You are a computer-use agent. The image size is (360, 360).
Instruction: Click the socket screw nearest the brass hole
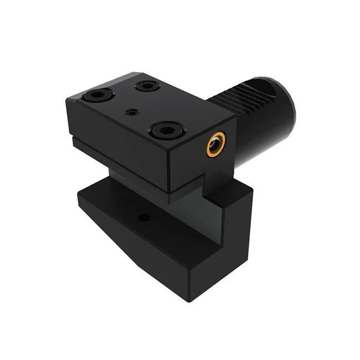[164, 131]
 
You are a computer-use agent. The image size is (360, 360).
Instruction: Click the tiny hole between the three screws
[131, 112]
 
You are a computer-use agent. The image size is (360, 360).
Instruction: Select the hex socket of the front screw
[164, 131]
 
